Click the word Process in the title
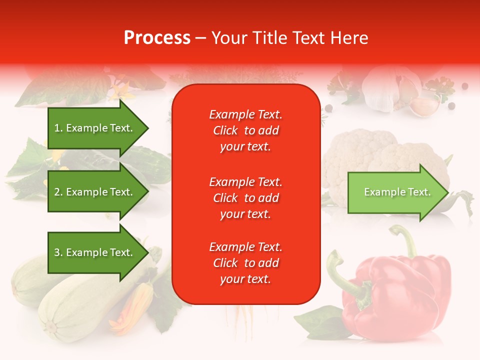tap(157, 38)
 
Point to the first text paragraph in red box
tap(246, 130)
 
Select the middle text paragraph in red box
tap(246, 198)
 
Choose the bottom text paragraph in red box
tap(246, 263)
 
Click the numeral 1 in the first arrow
tap(57, 128)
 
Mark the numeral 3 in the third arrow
tap(57, 253)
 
